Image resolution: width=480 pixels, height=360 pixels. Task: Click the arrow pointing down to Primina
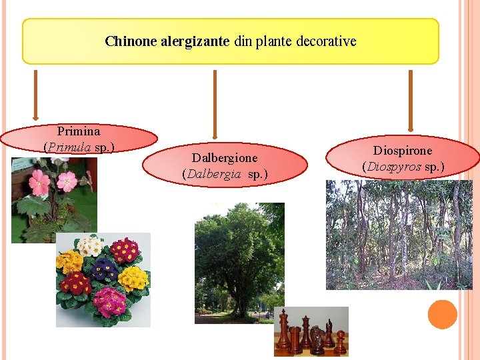(35, 97)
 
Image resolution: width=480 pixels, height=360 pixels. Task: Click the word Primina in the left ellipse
(79, 131)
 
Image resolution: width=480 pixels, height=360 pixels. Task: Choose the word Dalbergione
(225, 158)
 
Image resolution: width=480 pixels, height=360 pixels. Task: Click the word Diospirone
(403, 151)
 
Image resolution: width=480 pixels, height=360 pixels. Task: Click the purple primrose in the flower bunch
(104, 271)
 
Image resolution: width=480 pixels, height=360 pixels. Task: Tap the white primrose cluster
(89, 246)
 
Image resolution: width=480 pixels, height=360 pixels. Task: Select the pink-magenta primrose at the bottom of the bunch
(109, 303)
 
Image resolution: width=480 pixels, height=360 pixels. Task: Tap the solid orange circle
(442, 315)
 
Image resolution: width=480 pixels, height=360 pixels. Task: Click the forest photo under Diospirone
(399, 235)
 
